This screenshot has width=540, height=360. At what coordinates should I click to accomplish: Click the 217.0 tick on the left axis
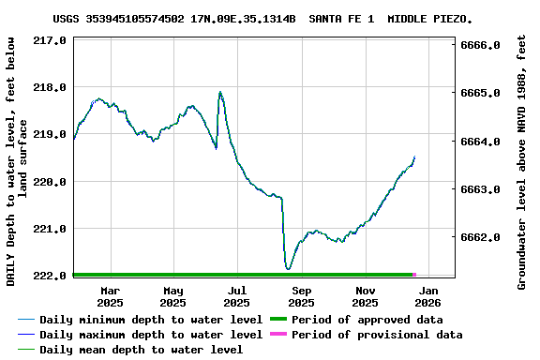(x=51, y=40)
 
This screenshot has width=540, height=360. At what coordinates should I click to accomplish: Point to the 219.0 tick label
(x=51, y=135)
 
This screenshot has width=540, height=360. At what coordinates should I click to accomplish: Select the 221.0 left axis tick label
(x=51, y=229)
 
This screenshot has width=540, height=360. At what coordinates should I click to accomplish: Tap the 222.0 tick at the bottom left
(x=51, y=276)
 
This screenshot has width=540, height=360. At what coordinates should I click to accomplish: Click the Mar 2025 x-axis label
(x=110, y=296)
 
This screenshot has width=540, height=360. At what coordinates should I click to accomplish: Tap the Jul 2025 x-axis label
(x=237, y=296)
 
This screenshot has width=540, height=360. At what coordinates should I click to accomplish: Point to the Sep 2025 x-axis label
(x=301, y=296)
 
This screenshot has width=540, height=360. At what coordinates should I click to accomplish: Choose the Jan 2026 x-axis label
(x=427, y=296)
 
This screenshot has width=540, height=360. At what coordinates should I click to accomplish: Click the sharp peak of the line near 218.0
(x=220, y=92)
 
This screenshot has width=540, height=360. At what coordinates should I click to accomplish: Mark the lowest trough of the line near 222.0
(x=288, y=269)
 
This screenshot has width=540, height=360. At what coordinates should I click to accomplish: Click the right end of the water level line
(x=414, y=157)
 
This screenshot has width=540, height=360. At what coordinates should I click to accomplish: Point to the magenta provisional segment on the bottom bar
(x=414, y=275)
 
